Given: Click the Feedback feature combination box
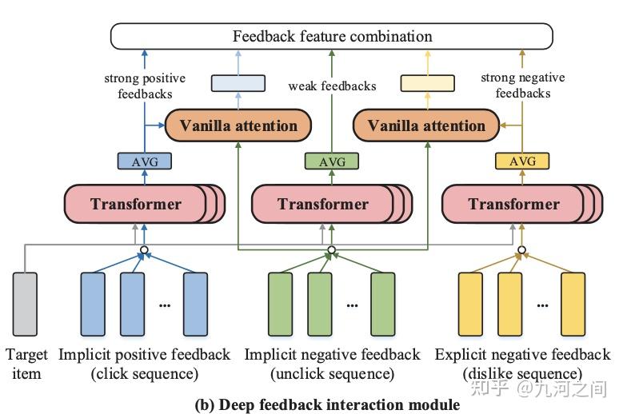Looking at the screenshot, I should pyautogui.click(x=332, y=36).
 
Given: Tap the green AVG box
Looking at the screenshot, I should pyautogui.click(x=331, y=161).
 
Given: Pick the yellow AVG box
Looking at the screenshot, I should pyautogui.click(x=521, y=161).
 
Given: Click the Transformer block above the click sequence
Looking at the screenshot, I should pyautogui.click(x=136, y=204).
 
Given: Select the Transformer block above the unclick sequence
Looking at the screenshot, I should pyautogui.click(x=323, y=204).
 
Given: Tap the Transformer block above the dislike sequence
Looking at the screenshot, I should pyautogui.click(x=513, y=204).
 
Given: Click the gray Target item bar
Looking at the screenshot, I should pyautogui.click(x=26, y=303).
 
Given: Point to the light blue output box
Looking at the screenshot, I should pyautogui.click(x=238, y=82).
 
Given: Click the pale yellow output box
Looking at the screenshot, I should pyautogui.click(x=427, y=82).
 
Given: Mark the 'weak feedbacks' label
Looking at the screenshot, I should pyautogui.click(x=331, y=86).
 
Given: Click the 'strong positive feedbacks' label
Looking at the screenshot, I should pyautogui.click(x=144, y=86).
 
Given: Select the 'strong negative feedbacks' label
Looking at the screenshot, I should pyautogui.click(x=522, y=86).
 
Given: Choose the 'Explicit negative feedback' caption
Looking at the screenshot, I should pyautogui.click(x=522, y=354).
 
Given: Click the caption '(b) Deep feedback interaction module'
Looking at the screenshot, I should pyautogui.click(x=328, y=404).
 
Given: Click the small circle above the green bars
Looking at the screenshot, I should pyautogui.click(x=331, y=250).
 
